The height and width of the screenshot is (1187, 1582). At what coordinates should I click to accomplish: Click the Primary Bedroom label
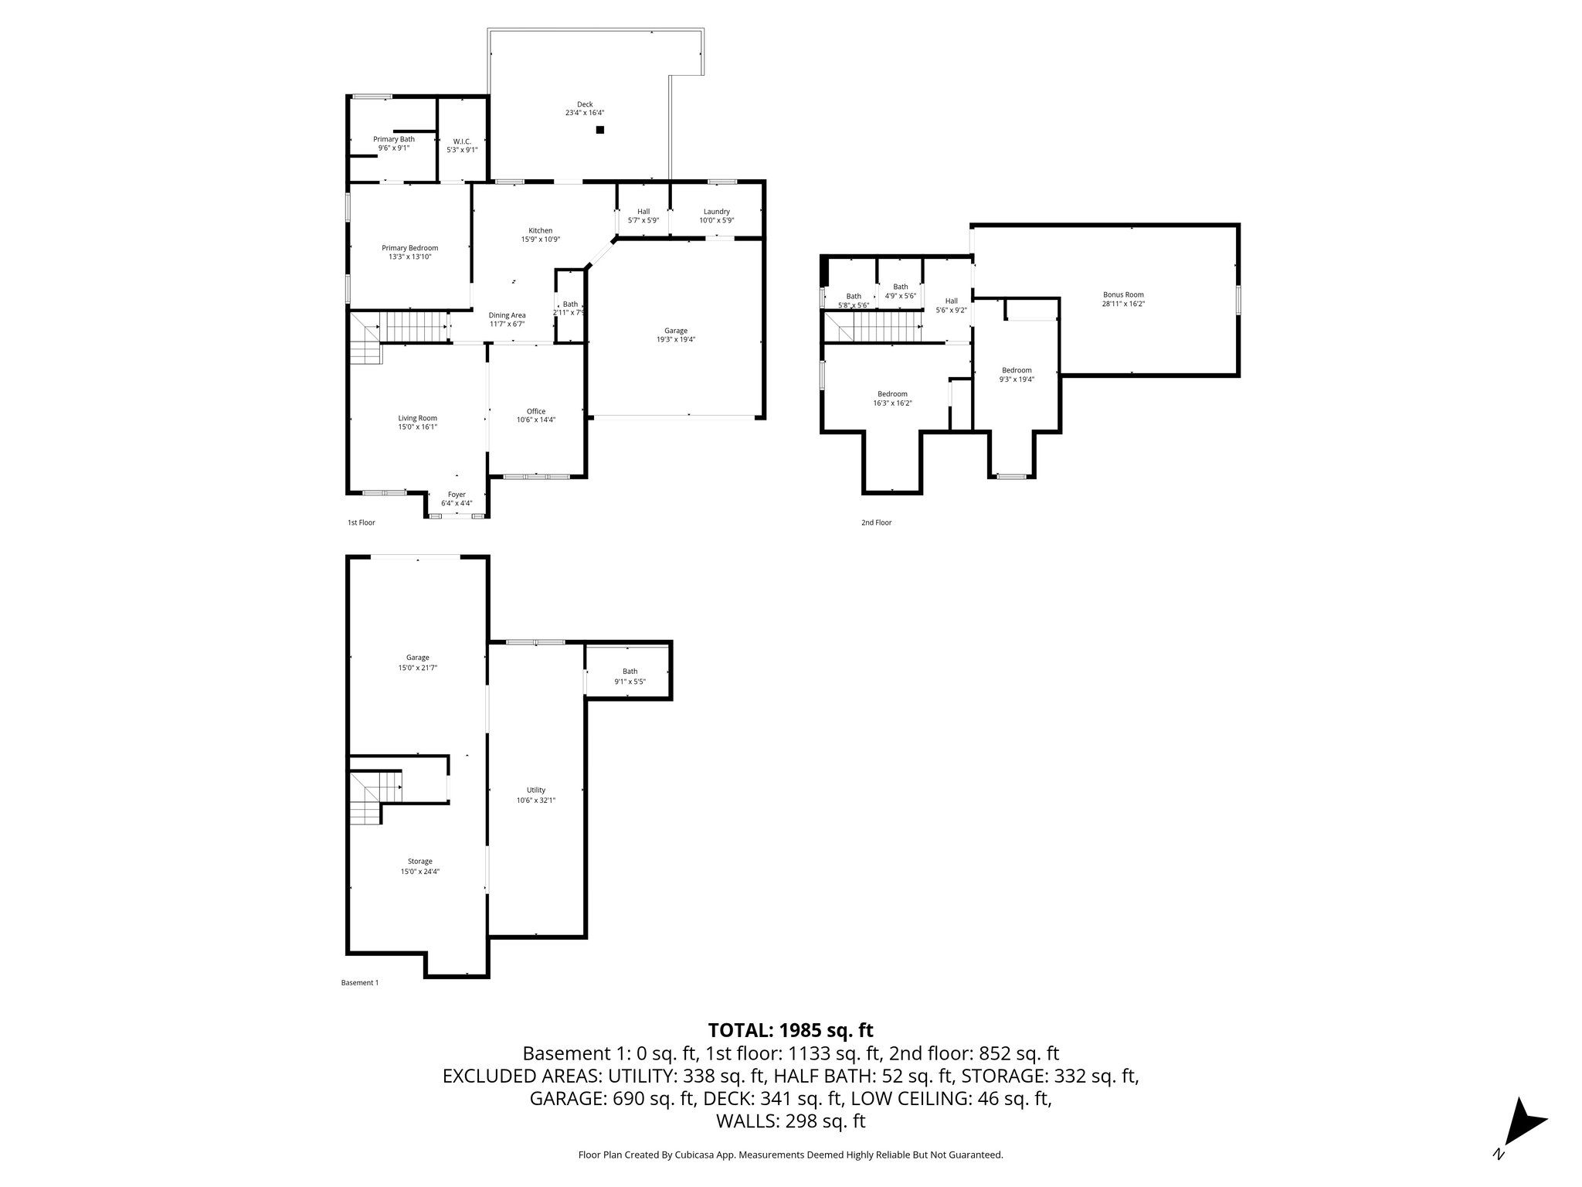click(409, 248)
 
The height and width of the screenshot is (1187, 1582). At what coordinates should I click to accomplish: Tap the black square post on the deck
click(599, 130)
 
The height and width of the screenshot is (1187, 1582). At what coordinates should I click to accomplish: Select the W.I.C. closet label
click(462, 141)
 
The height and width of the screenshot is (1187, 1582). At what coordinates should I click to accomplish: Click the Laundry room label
click(716, 212)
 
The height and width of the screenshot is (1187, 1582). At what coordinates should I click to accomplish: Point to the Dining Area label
click(507, 315)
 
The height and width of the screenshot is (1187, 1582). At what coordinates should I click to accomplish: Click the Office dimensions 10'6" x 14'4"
click(536, 420)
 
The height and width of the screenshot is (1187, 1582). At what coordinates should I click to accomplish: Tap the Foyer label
click(457, 495)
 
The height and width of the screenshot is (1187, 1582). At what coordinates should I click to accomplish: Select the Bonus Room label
click(1122, 294)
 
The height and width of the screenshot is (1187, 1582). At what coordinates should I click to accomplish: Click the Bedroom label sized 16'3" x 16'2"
click(892, 394)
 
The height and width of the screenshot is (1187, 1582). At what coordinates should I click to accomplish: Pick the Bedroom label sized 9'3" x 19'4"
click(1017, 370)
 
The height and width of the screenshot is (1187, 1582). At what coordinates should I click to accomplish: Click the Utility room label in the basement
click(536, 790)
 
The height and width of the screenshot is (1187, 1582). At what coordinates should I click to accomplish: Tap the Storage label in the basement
click(419, 861)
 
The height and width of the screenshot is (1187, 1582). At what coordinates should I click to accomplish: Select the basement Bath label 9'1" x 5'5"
click(630, 672)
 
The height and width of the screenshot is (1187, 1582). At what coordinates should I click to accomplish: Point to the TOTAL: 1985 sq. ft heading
click(790, 1030)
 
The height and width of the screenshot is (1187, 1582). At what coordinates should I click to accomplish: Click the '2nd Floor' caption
click(876, 522)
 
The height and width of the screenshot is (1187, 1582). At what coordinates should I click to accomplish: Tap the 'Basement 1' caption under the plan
click(360, 983)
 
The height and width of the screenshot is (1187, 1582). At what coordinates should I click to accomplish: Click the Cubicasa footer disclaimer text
click(790, 1155)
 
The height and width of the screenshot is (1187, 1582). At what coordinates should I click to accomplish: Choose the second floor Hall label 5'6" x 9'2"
click(951, 301)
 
